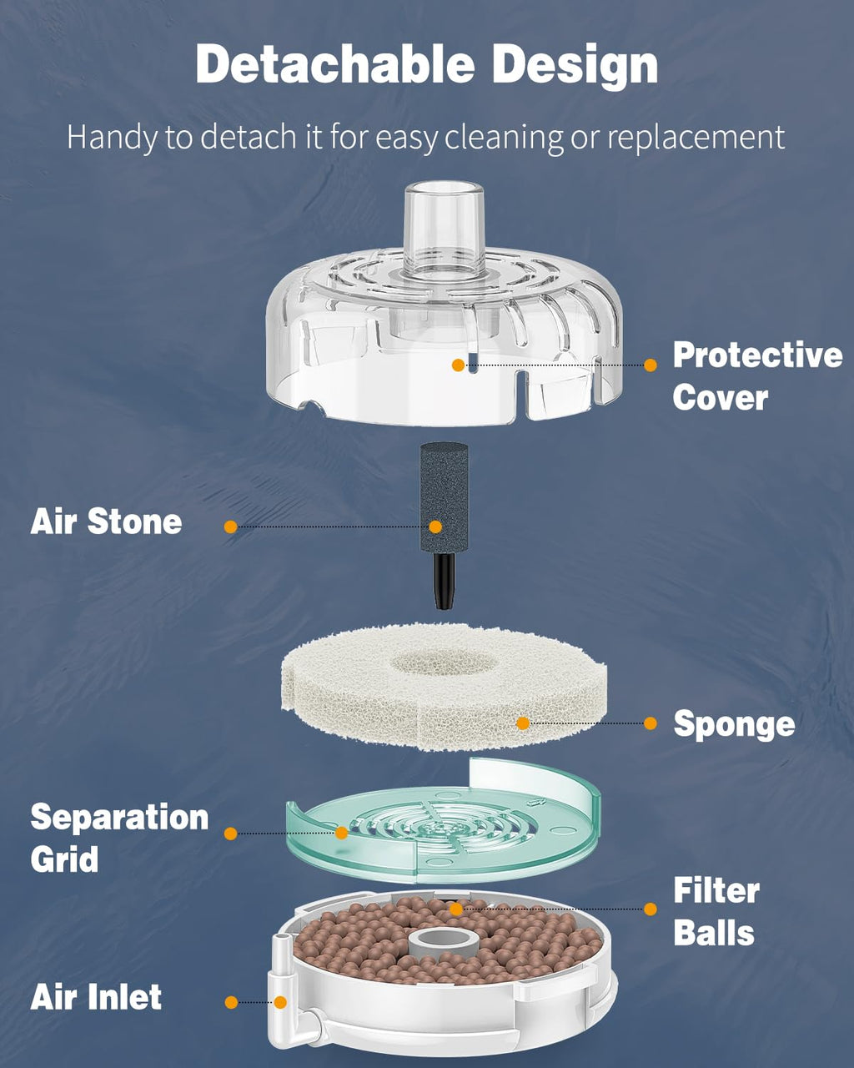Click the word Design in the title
[x=575, y=65]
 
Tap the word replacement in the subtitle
[x=696, y=137]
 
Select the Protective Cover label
[x=756, y=376]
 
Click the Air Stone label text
[x=106, y=522]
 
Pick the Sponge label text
[x=733, y=724]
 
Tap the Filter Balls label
[x=716, y=912]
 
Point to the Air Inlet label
[x=96, y=998]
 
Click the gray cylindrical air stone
[x=444, y=496]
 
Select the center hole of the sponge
[x=442, y=663]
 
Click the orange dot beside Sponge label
[x=651, y=723]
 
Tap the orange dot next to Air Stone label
[x=231, y=526]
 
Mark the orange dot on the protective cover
[x=458, y=365]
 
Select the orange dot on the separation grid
[x=341, y=833]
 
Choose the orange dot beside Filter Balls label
[x=651, y=909]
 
